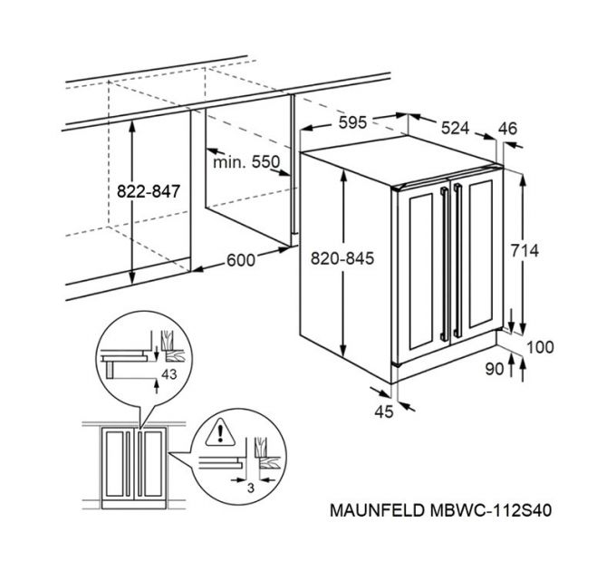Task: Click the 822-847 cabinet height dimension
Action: [x=150, y=191]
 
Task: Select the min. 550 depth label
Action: [x=246, y=162]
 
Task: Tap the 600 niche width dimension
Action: [x=240, y=260]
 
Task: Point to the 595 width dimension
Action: [x=346, y=123]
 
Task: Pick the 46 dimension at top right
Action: [x=507, y=129]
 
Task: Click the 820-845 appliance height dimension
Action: [x=343, y=257]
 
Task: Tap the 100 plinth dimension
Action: [x=542, y=347]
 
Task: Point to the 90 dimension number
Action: [x=494, y=369]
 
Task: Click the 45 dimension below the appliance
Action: [x=384, y=412]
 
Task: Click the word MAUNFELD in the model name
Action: [x=357, y=511]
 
